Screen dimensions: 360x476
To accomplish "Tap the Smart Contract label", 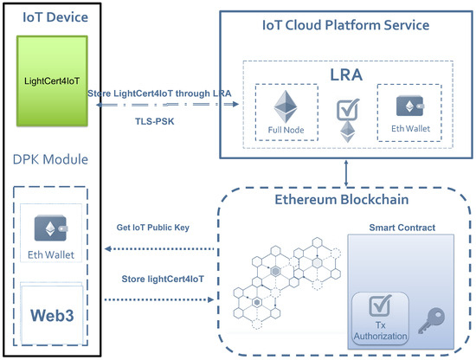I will coord(402,231).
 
